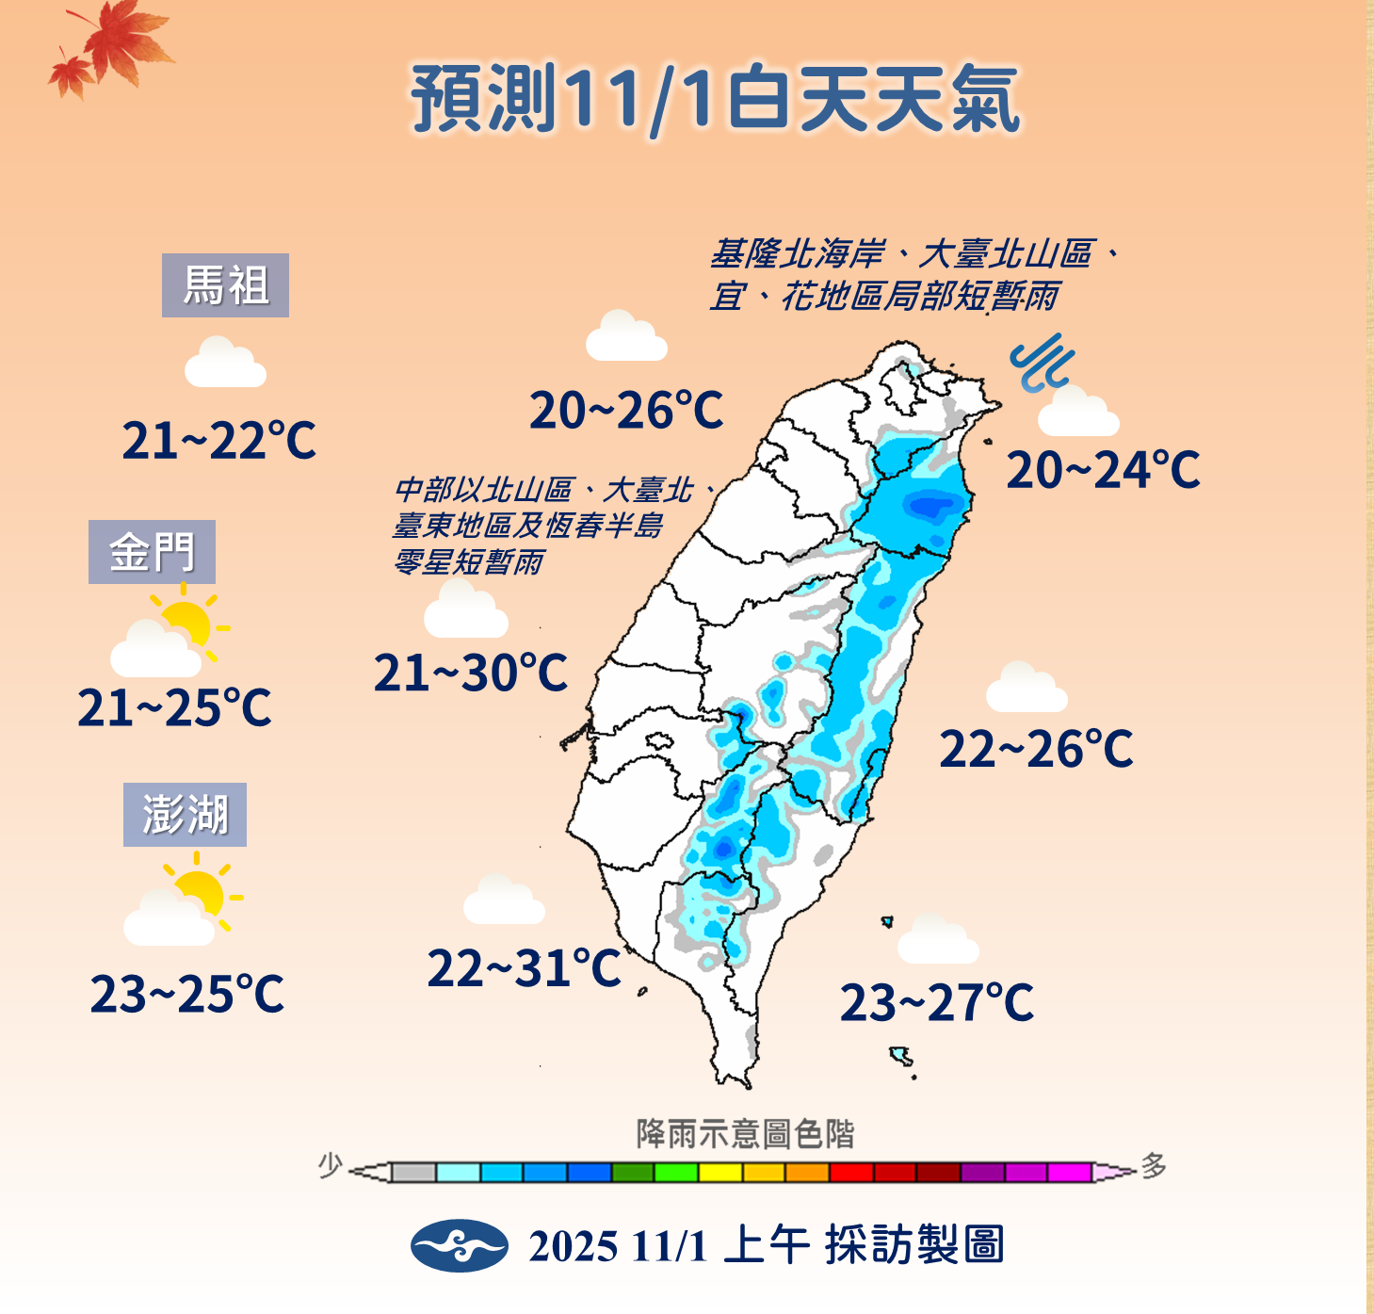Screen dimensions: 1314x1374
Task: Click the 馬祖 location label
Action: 225,285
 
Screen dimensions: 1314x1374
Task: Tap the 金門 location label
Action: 152,552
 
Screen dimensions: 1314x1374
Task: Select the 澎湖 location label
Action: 185,815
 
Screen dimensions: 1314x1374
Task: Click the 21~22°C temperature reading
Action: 218,441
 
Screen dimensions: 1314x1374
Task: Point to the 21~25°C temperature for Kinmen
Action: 174,707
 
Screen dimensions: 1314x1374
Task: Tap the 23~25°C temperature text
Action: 186,994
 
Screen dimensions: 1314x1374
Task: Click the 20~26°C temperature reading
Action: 626,411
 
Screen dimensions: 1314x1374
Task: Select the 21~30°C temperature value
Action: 471,673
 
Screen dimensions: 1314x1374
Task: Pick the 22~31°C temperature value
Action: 524,968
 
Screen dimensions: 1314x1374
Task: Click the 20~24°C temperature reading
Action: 1103,470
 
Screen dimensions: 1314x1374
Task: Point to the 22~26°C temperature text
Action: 1036,750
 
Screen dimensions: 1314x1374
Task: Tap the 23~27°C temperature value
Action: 936,1002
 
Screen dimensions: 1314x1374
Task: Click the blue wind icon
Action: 1042,363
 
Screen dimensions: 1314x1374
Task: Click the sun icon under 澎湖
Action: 201,890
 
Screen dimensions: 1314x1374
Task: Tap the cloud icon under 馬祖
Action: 225,364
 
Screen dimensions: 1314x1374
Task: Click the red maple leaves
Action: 113,47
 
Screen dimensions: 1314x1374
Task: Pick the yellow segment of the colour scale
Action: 720,1173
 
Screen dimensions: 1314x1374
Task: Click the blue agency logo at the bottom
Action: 460,1245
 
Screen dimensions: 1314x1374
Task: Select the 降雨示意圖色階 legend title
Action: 745,1133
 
